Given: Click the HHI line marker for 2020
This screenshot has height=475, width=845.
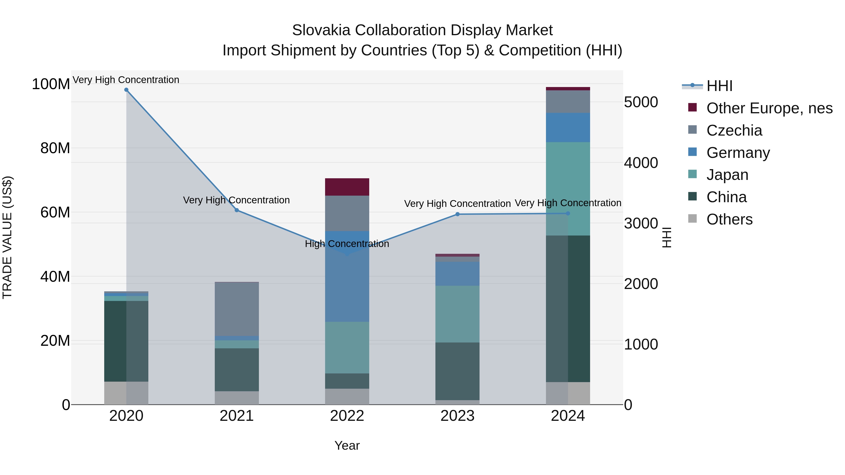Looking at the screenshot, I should tap(126, 90).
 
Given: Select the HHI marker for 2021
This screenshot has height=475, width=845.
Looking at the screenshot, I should tap(237, 210).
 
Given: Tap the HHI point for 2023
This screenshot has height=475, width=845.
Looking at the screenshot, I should tap(458, 214).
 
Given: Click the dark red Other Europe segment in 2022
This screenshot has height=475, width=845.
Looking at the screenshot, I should tap(347, 187).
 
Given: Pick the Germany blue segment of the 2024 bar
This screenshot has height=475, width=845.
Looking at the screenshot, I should tap(568, 128).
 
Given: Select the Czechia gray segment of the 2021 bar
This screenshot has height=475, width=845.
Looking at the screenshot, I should tap(237, 309).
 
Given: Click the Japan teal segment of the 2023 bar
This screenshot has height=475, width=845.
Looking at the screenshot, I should tap(458, 314).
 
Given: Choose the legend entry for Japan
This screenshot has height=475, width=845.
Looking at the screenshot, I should tap(727, 175).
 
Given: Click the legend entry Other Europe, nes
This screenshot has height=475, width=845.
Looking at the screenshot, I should tap(769, 108).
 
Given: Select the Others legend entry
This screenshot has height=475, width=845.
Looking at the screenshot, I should tap(729, 219).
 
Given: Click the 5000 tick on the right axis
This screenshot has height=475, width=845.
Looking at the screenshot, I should tap(641, 102).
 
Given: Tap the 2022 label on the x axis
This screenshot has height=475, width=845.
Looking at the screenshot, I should tap(347, 416).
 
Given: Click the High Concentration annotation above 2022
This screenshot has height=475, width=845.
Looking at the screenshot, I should tap(347, 244).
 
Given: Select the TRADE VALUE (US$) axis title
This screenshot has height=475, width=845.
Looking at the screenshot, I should tap(7, 237).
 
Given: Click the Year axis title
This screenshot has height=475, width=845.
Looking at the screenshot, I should tap(347, 445).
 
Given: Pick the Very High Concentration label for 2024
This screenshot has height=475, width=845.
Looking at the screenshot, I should tap(568, 203).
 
